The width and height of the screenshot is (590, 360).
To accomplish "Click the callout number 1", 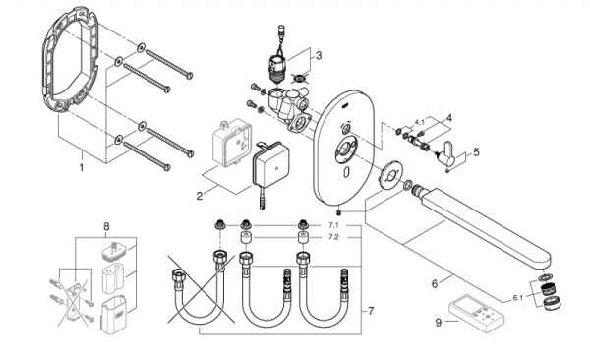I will pyautogui.click(x=82, y=168).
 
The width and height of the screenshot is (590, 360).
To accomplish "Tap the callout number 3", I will pyautogui.click(x=318, y=55).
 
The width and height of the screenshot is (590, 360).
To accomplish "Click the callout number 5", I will pyautogui.click(x=477, y=152).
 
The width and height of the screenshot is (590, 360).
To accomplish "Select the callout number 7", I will pyautogui.click(x=371, y=311).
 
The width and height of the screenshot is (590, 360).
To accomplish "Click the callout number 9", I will pyautogui.click(x=438, y=320).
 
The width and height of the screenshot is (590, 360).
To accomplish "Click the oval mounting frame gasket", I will pyautogui.click(x=68, y=69).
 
